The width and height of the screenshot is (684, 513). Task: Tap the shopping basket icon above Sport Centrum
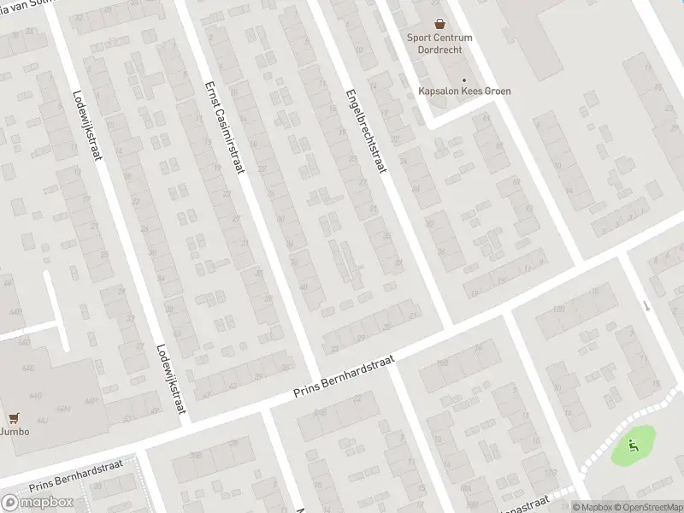[439, 25]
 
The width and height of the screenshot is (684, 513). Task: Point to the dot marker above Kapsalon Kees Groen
[464, 80]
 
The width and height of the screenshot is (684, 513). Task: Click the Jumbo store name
[15, 432]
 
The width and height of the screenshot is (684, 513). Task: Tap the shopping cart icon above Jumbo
[14, 418]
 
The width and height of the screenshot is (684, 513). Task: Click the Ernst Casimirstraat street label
[225, 127]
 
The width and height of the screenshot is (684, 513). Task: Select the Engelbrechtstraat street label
[366, 134]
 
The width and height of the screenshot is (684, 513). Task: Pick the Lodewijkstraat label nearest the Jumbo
[171, 378]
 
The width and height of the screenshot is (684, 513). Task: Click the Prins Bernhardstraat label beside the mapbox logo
[77, 475]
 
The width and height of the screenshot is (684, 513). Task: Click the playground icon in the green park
[633, 444]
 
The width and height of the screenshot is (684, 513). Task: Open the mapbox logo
[37, 502]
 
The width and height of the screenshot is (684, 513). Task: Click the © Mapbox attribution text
[592, 507]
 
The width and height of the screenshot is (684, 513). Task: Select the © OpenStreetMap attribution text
[647, 507]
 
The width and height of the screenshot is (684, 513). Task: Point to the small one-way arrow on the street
[647, 305]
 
